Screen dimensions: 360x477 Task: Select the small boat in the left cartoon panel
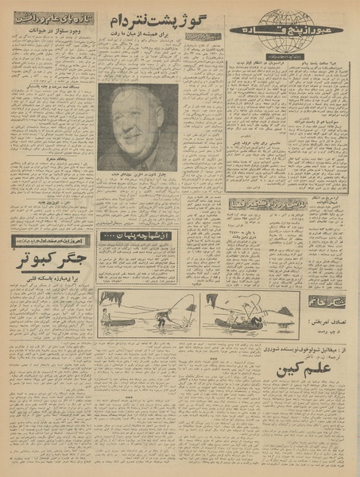[118, 321]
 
